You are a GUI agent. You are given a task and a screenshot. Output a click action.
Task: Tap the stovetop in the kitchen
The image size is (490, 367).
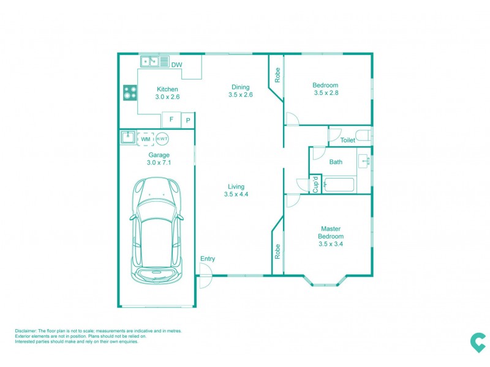130,93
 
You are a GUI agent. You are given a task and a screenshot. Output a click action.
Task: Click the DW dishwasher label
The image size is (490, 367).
176,65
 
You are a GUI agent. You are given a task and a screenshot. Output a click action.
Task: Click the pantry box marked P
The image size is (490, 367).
189,120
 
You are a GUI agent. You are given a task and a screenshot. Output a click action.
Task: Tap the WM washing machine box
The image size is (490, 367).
145,139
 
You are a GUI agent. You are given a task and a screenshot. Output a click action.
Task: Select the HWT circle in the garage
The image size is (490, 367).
162,139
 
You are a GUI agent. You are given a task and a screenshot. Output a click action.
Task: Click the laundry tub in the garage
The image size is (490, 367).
128,138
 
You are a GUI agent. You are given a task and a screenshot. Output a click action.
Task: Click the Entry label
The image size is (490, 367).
208,259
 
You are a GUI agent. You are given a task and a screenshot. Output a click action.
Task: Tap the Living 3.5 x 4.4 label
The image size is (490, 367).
236,190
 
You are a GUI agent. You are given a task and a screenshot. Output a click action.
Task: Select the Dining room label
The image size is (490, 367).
240,91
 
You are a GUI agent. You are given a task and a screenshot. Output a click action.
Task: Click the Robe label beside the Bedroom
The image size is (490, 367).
277,75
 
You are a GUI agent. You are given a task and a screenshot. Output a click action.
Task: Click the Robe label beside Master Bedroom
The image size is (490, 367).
277,252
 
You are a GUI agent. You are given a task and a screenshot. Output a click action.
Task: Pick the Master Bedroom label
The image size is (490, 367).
330,236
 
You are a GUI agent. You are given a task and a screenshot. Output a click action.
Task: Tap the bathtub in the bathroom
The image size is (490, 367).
339,184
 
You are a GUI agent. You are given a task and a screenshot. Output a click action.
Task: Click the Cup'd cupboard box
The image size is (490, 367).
315,183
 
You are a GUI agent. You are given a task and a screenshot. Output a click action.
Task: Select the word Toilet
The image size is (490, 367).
348,140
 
